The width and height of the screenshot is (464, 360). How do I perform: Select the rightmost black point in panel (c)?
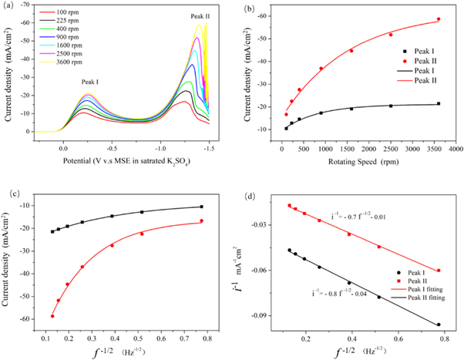(202, 207)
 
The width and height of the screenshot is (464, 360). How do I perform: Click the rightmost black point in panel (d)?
(439, 325)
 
